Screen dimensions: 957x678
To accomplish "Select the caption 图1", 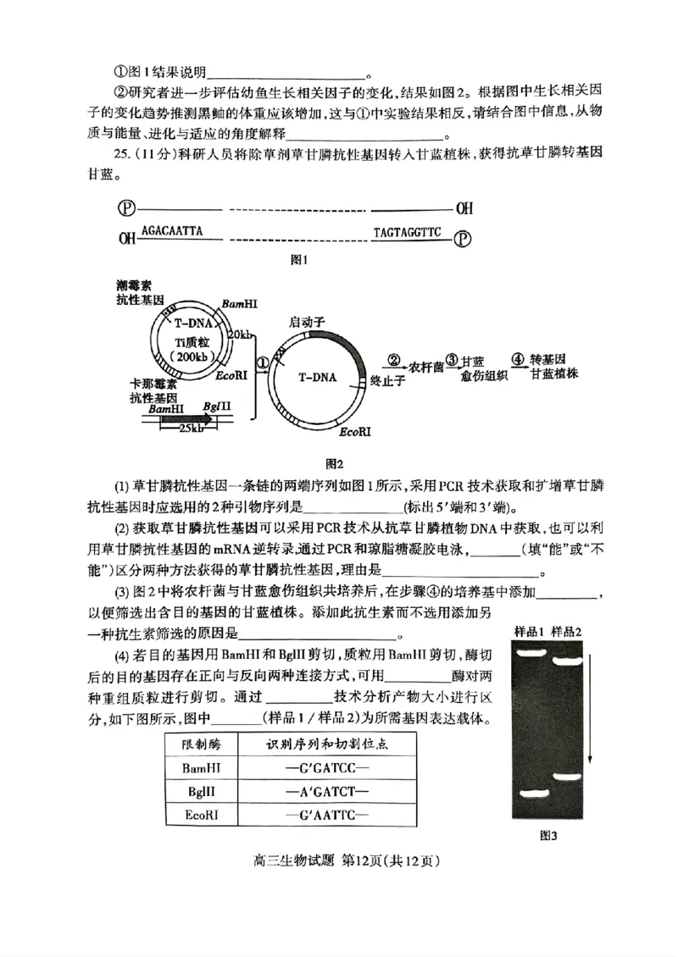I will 298,260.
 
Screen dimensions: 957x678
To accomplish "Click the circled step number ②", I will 393,360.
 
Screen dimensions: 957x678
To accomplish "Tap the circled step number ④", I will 517,360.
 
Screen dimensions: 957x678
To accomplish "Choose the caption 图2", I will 334,463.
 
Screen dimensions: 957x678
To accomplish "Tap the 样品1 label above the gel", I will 529,632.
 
